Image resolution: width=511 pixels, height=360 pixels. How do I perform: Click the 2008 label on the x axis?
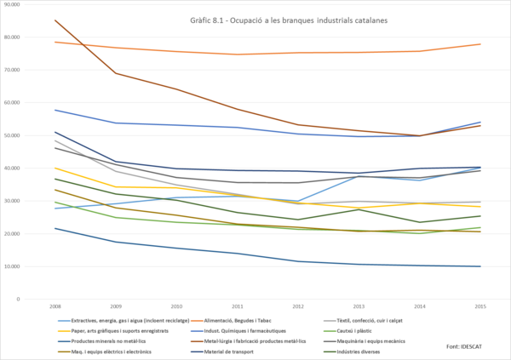click(x=55, y=306)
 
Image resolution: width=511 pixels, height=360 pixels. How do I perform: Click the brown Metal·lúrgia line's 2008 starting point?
click(x=55, y=20)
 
